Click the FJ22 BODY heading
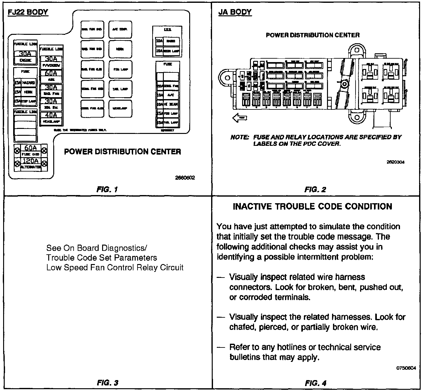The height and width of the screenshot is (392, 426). coord(28,12)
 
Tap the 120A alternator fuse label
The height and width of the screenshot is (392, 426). coord(31,161)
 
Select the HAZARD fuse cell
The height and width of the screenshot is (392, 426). coord(29,82)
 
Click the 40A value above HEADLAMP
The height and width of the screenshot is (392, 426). coord(51,115)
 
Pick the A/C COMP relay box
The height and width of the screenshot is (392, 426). coord(120,29)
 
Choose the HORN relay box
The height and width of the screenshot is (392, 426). coord(120,49)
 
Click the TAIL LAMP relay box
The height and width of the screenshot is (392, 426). coord(120,89)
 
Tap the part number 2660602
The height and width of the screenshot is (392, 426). coord(185,177)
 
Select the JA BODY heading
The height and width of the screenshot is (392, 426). coord(235,12)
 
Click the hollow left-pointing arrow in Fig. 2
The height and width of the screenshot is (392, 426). coord(240,118)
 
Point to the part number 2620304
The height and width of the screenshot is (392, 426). coord(395,162)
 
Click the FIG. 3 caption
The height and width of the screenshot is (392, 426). coord(107,383)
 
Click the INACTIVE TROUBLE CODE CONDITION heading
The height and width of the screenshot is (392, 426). coord(312,207)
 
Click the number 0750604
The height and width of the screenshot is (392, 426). coord(406,368)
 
